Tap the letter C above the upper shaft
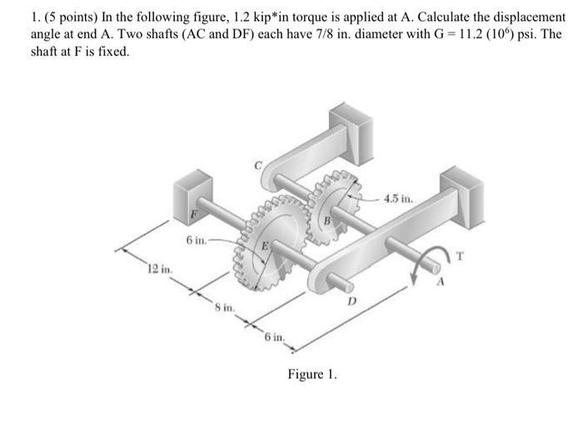click(x=259, y=166)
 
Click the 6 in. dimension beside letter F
click(x=197, y=241)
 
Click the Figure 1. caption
click(x=312, y=375)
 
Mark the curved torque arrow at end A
click(x=431, y=252)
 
